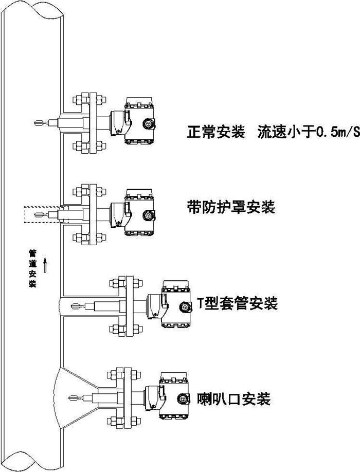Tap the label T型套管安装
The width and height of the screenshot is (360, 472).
238,303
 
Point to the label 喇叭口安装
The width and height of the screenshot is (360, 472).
234,398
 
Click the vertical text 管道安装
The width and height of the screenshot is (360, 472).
32,268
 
